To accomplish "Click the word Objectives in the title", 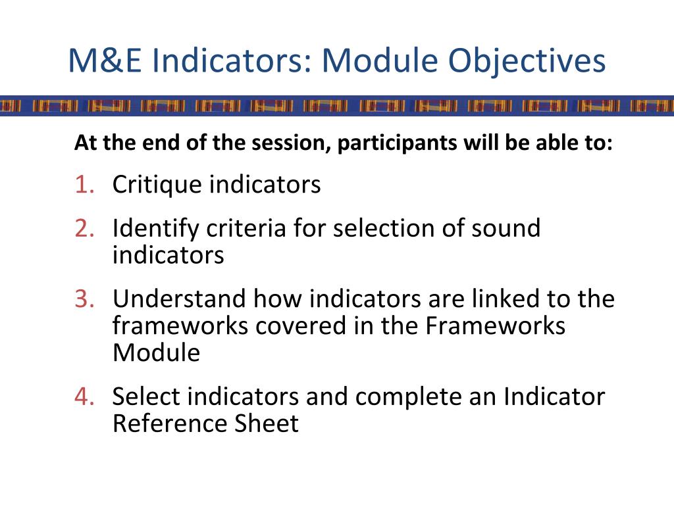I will click(x=527, y=61).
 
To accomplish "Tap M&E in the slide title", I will click(x=106, y=61).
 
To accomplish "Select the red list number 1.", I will click(x=84, y=185).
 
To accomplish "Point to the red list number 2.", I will click(x=84, y=228).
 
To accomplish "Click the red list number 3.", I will click(x=84, y=299).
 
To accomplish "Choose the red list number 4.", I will click(x=84, y=397).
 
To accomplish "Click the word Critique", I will click(x=157, y=185).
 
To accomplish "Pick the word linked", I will click(x=490, y=299).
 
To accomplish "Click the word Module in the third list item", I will click(x=156, y=353).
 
